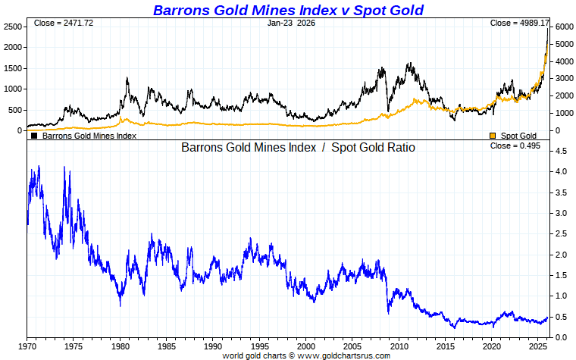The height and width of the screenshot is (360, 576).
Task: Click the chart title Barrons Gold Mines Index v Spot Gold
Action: click(x=288, y=10)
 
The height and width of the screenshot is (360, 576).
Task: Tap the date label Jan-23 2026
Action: click(x=292, y=23)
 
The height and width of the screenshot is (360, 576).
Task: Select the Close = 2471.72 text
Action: click(x=63, y=23)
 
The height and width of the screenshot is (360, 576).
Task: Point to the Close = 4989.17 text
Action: click(x=520, y=23)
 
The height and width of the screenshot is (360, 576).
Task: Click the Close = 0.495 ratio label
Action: click(x=515, y=146)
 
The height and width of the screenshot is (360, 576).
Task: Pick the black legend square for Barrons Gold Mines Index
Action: click(x=34, y=136)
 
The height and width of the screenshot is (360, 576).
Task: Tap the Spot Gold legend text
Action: click(x=518, y=136)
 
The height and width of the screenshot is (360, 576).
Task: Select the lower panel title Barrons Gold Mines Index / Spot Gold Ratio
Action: click(x=298, y=147)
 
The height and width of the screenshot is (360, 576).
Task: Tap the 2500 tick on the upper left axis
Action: click(x=12, y=27)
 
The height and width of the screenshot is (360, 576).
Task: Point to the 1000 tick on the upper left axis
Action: click(x=12, y=89)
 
